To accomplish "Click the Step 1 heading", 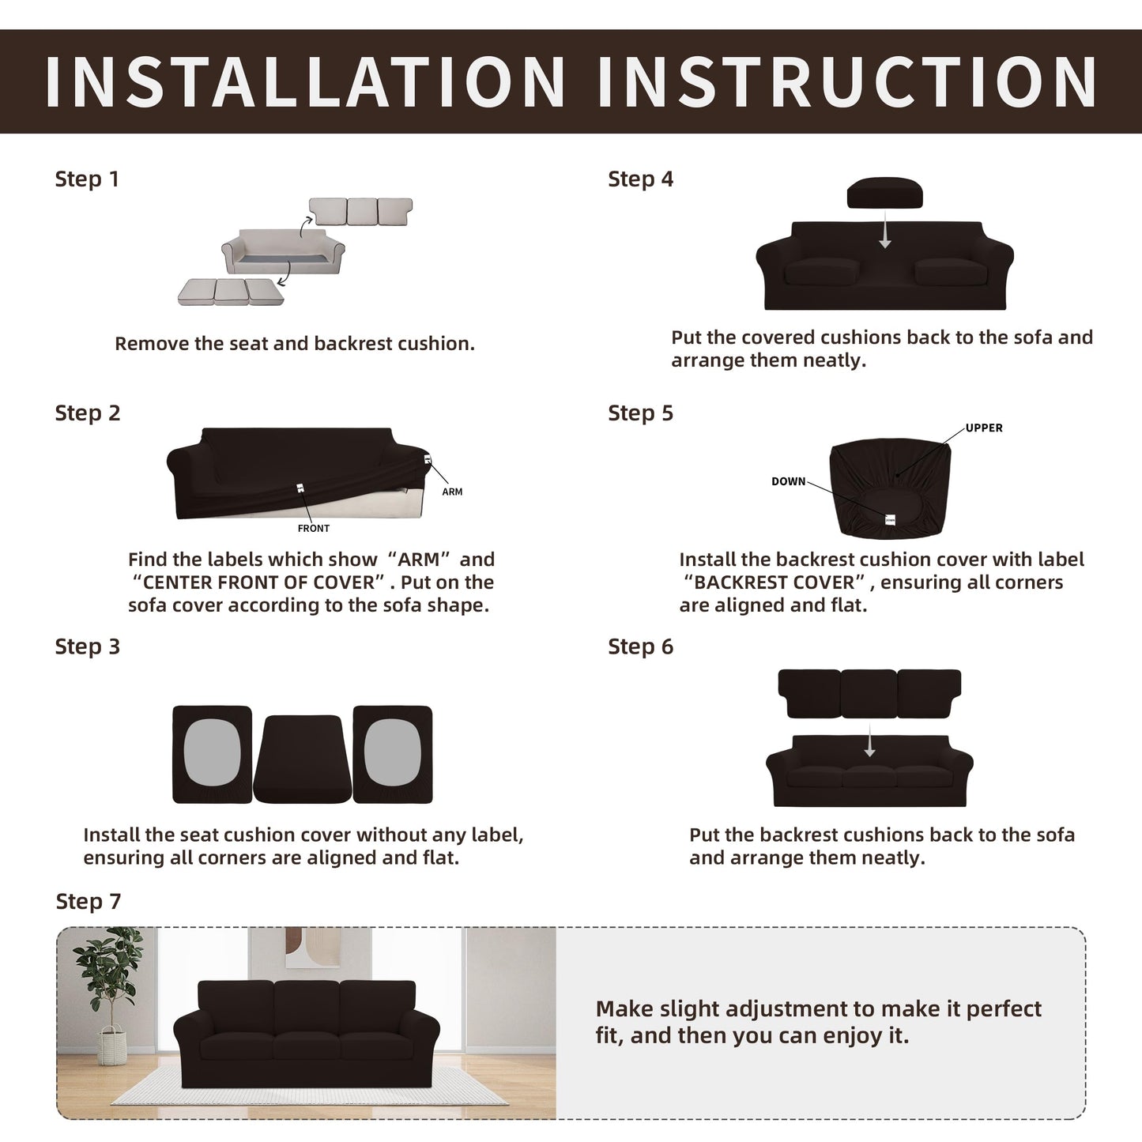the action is [87, 179].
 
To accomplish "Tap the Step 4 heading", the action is [641, 179].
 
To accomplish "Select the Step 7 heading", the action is [89, 902].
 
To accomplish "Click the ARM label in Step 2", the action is [452, 492].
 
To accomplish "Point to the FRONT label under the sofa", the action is [314, 528].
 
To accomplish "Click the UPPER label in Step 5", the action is [984, 428].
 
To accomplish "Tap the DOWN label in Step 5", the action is [788, 481].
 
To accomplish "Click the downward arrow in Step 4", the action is [885, 230].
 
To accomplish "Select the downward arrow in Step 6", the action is [869, 741].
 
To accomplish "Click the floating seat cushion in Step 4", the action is [885, 193].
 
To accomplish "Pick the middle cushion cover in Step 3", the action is [303, 759].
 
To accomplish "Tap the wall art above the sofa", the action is [312, 947].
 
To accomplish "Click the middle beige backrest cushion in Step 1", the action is [362, 212].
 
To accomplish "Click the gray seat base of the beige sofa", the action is [283, 259].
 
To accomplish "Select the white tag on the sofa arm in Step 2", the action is [428, 459].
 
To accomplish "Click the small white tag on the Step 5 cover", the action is [890, 520].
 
